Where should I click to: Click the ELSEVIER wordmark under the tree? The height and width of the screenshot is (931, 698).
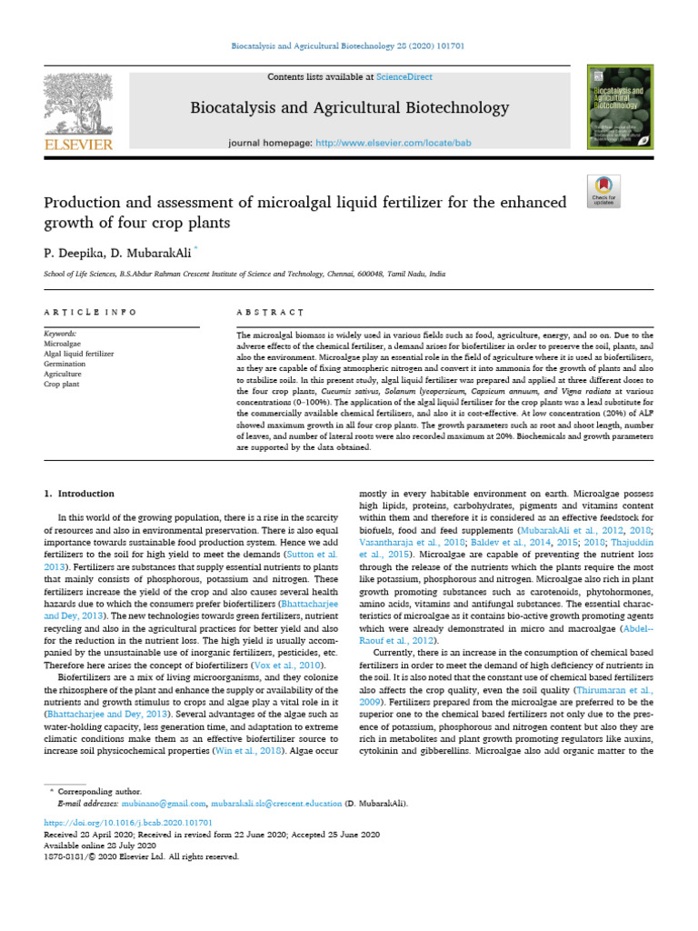(79, 145)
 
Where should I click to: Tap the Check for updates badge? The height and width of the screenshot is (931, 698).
(603, 189)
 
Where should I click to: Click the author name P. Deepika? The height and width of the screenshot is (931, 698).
(71, 249)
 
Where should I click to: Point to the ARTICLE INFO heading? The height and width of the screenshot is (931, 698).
(90, 312)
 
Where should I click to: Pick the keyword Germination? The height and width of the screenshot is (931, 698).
(65, 364)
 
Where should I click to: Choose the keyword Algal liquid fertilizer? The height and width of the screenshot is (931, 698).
(79, 354)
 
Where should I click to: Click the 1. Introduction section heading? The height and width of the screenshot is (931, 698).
(80, 494)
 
